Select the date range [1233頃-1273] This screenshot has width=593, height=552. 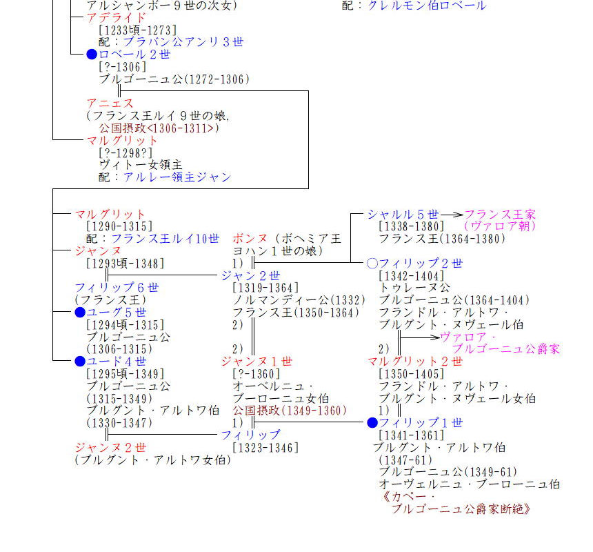coord(137,30)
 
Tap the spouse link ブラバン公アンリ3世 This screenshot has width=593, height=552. coord(183,42)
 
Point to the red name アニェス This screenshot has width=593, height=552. coord(110,103)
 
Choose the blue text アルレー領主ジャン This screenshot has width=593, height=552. coord(177,177)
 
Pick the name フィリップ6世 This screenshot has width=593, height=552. coord(117,288)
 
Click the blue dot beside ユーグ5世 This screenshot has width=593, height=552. coord(80,313)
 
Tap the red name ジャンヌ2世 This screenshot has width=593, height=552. coord(110,447)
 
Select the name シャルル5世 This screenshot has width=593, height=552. coord(403,215)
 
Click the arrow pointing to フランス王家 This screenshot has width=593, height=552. coord(452,215)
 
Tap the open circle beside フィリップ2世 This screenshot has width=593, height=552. coord(372,264)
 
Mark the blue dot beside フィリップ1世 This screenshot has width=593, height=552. coord(372,423)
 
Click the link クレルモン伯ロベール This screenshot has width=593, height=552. coord(426,6)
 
